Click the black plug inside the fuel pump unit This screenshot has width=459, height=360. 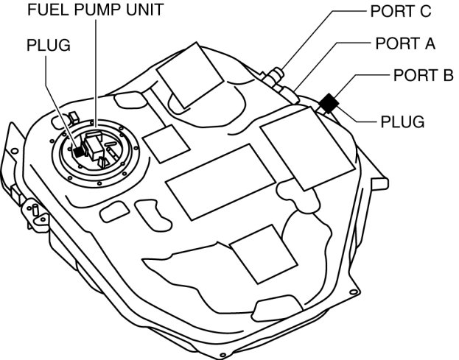pos(78,151)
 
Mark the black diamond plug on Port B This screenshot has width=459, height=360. pos(327,104)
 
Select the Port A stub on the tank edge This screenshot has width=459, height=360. pos(292,93)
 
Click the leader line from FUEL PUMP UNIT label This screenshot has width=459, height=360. pos(96,74)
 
